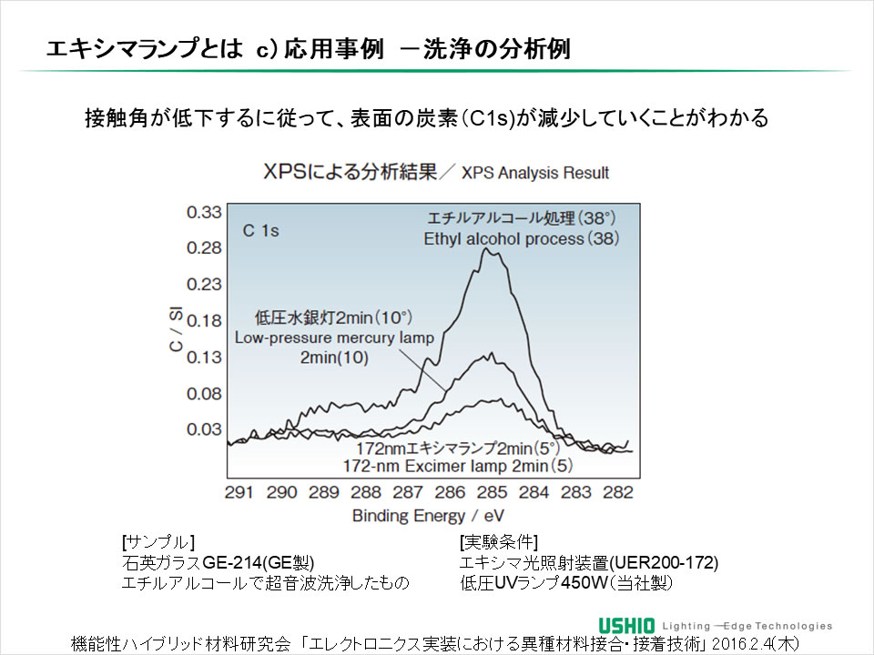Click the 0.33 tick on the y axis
[204, 212]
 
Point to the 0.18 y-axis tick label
[204, 320]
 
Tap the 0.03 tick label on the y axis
[204, 428]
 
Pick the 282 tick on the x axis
[618, 492]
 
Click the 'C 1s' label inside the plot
[260, 231]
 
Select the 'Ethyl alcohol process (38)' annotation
[521, 238]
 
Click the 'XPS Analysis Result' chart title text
[535, 173]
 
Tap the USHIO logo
[627, 625]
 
